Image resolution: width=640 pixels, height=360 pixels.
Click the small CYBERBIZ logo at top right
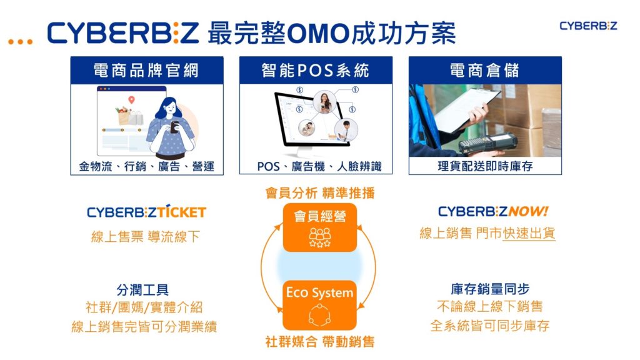(588, 26)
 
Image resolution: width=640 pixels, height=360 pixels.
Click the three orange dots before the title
(20, 41)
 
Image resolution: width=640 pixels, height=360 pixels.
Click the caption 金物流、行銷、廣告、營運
(147, 166)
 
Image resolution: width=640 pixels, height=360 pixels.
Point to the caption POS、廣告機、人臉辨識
(316, 166)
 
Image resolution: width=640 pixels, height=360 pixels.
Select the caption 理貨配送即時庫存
(485, 166)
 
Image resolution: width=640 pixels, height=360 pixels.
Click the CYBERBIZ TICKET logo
(146, 212)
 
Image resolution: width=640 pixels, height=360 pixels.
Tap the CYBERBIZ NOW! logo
(493, 211)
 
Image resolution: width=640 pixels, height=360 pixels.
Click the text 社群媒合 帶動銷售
(320, 342)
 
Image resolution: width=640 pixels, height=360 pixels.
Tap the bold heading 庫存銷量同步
(490, 289)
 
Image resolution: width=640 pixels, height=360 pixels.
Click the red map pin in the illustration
(131, 100)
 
